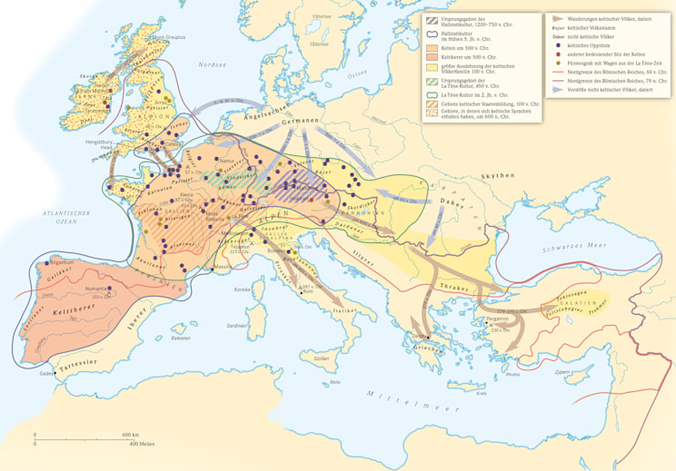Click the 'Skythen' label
[500, 175]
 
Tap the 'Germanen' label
[299, 121]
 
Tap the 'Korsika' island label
[242, 289]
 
